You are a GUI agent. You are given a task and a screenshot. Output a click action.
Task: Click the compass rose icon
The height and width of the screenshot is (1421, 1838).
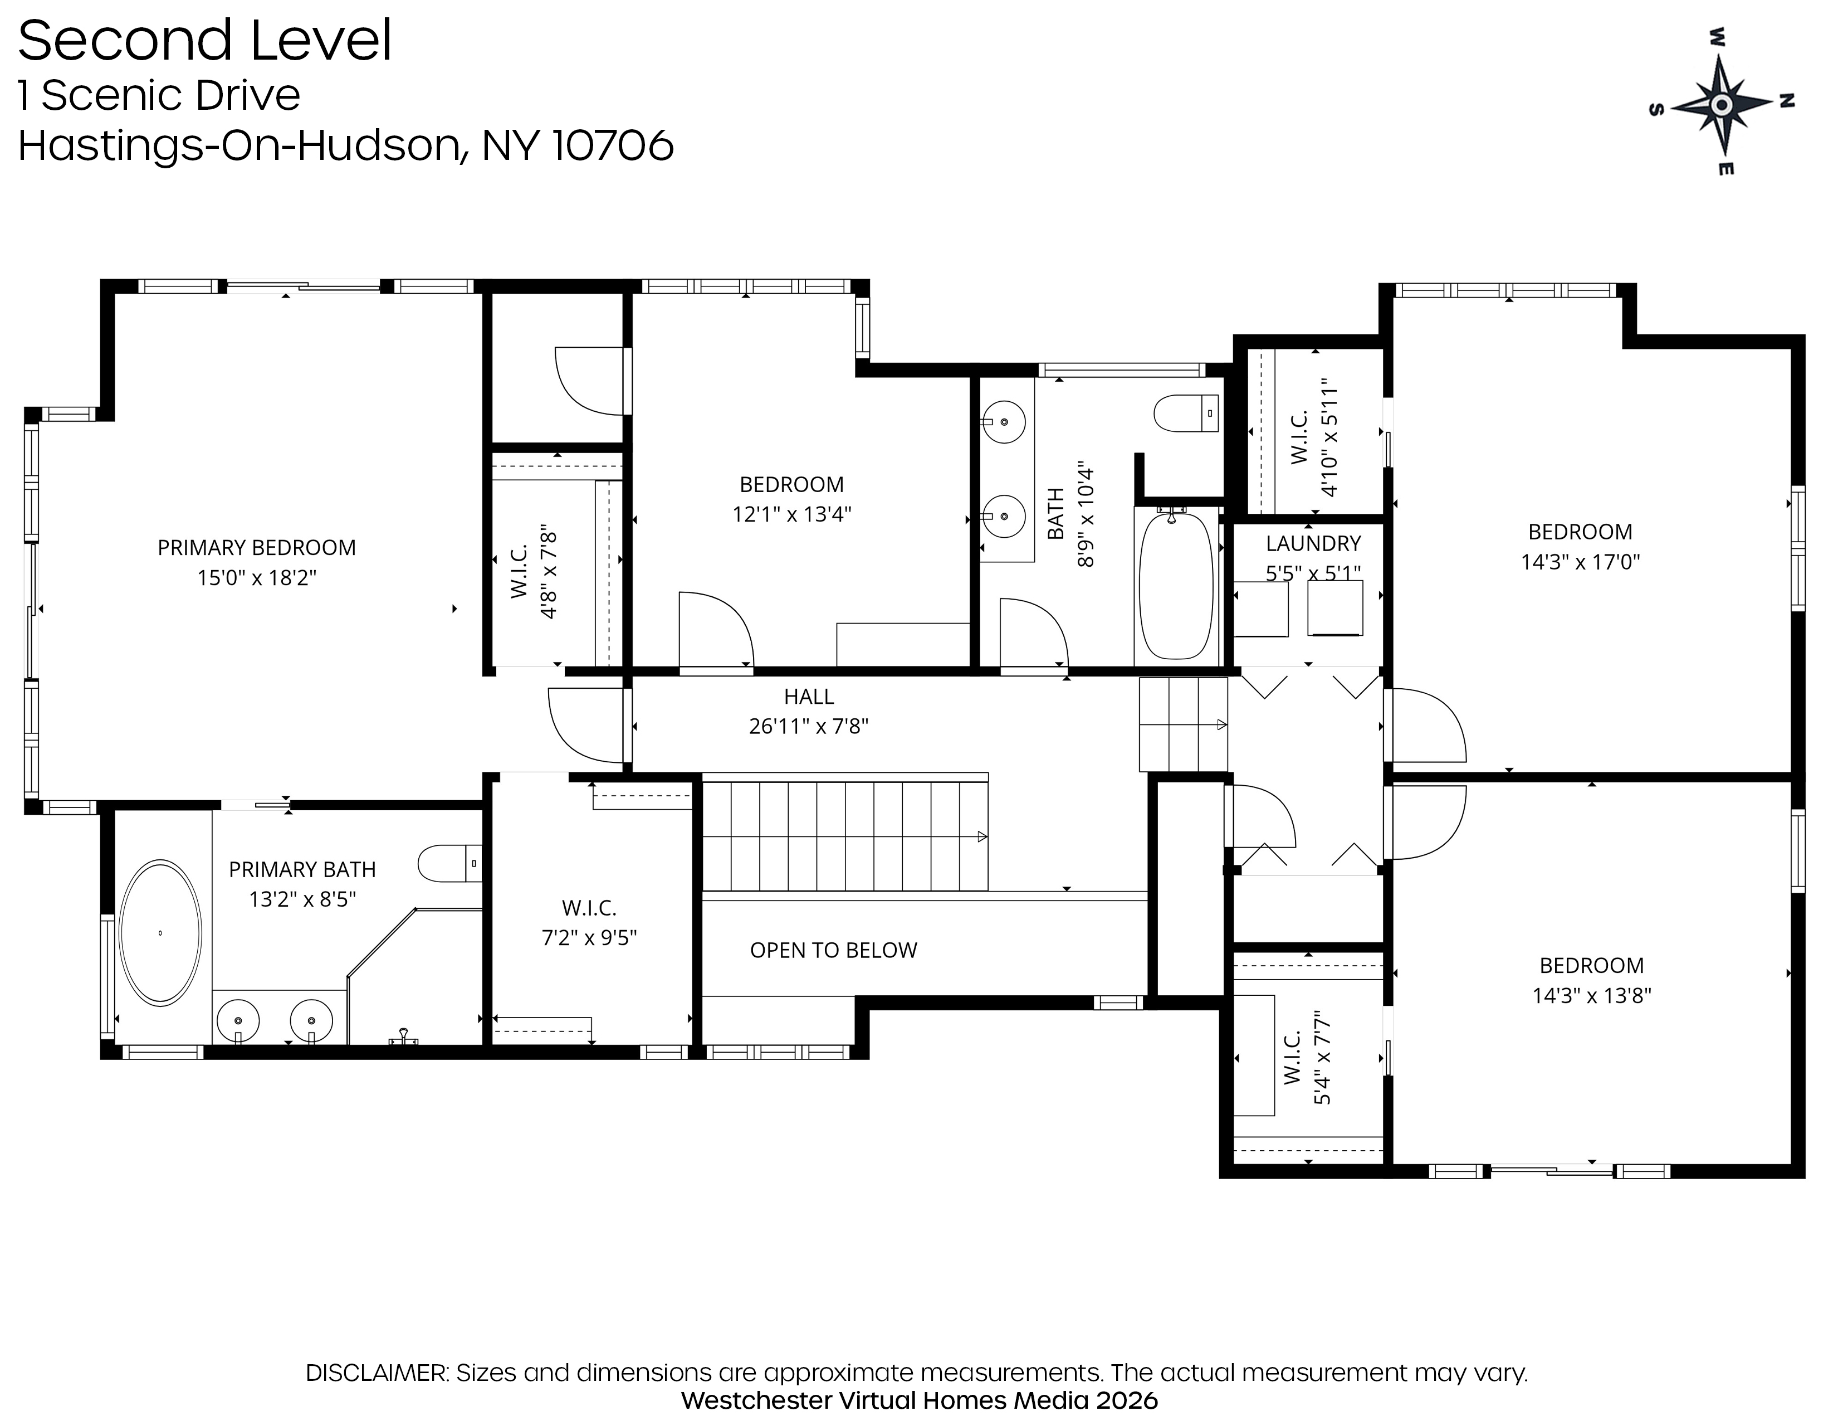pos(1722,104)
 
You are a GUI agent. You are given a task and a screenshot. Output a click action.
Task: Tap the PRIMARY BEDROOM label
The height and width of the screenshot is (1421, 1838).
pos(257,548)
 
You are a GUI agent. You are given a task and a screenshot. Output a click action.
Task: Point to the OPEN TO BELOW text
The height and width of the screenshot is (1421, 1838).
pos(833,951)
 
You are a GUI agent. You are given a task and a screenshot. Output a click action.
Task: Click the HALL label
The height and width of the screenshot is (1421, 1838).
pos(809,697)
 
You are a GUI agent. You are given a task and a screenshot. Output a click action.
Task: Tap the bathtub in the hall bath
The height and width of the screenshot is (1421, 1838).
pos(1176,586)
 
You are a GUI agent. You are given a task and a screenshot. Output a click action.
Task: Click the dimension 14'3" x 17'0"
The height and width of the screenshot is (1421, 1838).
pos(1581,562)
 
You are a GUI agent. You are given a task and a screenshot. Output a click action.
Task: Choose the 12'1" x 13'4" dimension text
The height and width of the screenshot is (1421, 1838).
pos(792,514)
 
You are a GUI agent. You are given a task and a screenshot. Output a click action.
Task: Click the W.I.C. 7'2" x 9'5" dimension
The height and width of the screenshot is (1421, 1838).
pos(589,938)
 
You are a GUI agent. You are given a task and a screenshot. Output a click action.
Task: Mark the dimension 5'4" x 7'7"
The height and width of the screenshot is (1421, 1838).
pos(1322,1057)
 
